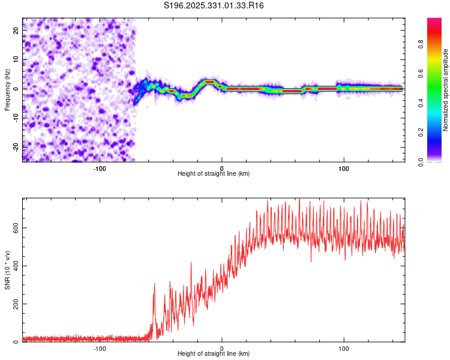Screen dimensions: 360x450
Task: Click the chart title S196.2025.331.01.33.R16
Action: pyautogui.click(x=214, y=5)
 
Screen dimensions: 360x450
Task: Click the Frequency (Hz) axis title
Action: pyautogui.click(x=7, y=90)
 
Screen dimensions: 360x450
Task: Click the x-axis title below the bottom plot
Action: pyautogui.click(x=214, y=354)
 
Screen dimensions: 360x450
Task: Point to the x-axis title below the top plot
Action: pyautogui.click(x=214, y=173)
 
